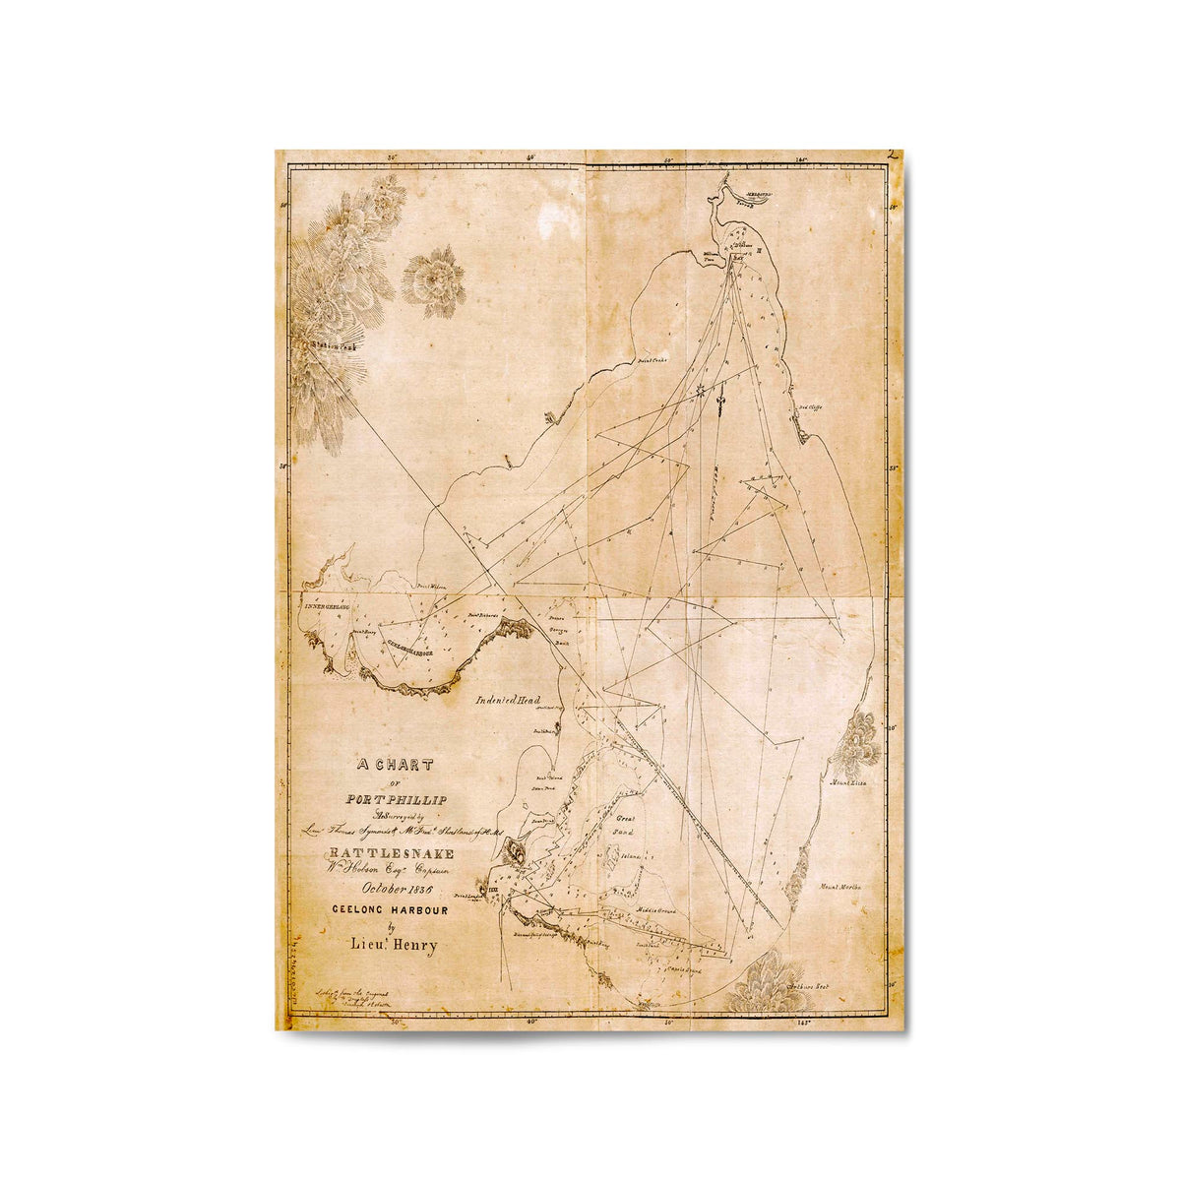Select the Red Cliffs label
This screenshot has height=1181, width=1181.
(x=809, y=407)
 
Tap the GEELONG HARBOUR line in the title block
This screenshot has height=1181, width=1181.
(x=390, y=910)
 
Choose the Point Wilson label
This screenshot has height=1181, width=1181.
(x=433, y=587)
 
